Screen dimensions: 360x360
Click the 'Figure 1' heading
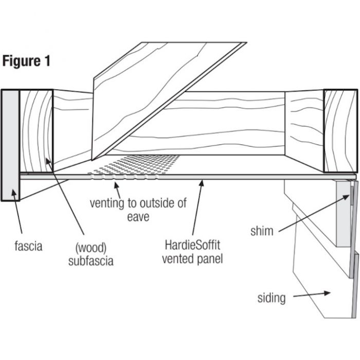(x=27, y=61)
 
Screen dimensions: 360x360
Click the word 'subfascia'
(x=91, y=261)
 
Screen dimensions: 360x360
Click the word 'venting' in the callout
(x=107, y=202)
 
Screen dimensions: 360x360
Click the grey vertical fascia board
(x=10, y=144)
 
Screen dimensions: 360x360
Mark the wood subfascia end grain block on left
(x=37, y=131)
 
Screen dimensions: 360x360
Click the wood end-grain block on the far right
(x=340, y=131)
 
